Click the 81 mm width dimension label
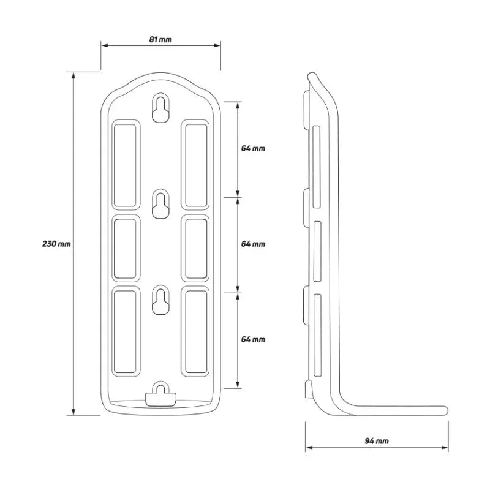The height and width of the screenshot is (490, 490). click(x=160, y=39)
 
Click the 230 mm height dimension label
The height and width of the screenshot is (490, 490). click(x=56, y=243)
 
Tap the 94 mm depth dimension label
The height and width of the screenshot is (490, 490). click(x=377, y=441)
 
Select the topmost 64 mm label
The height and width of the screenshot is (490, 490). click(x=253, y=148)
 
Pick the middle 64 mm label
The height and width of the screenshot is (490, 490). click(x=253, y=244)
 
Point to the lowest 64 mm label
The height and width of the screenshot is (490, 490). click(x=253, y=339)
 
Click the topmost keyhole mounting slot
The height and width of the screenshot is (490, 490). click(x=160, y=108)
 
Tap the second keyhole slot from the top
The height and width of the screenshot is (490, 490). click(x=160, y=204)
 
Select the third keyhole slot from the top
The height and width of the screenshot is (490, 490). click(x=160, y=300)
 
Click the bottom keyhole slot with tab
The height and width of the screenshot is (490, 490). click(x=160, y=394)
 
